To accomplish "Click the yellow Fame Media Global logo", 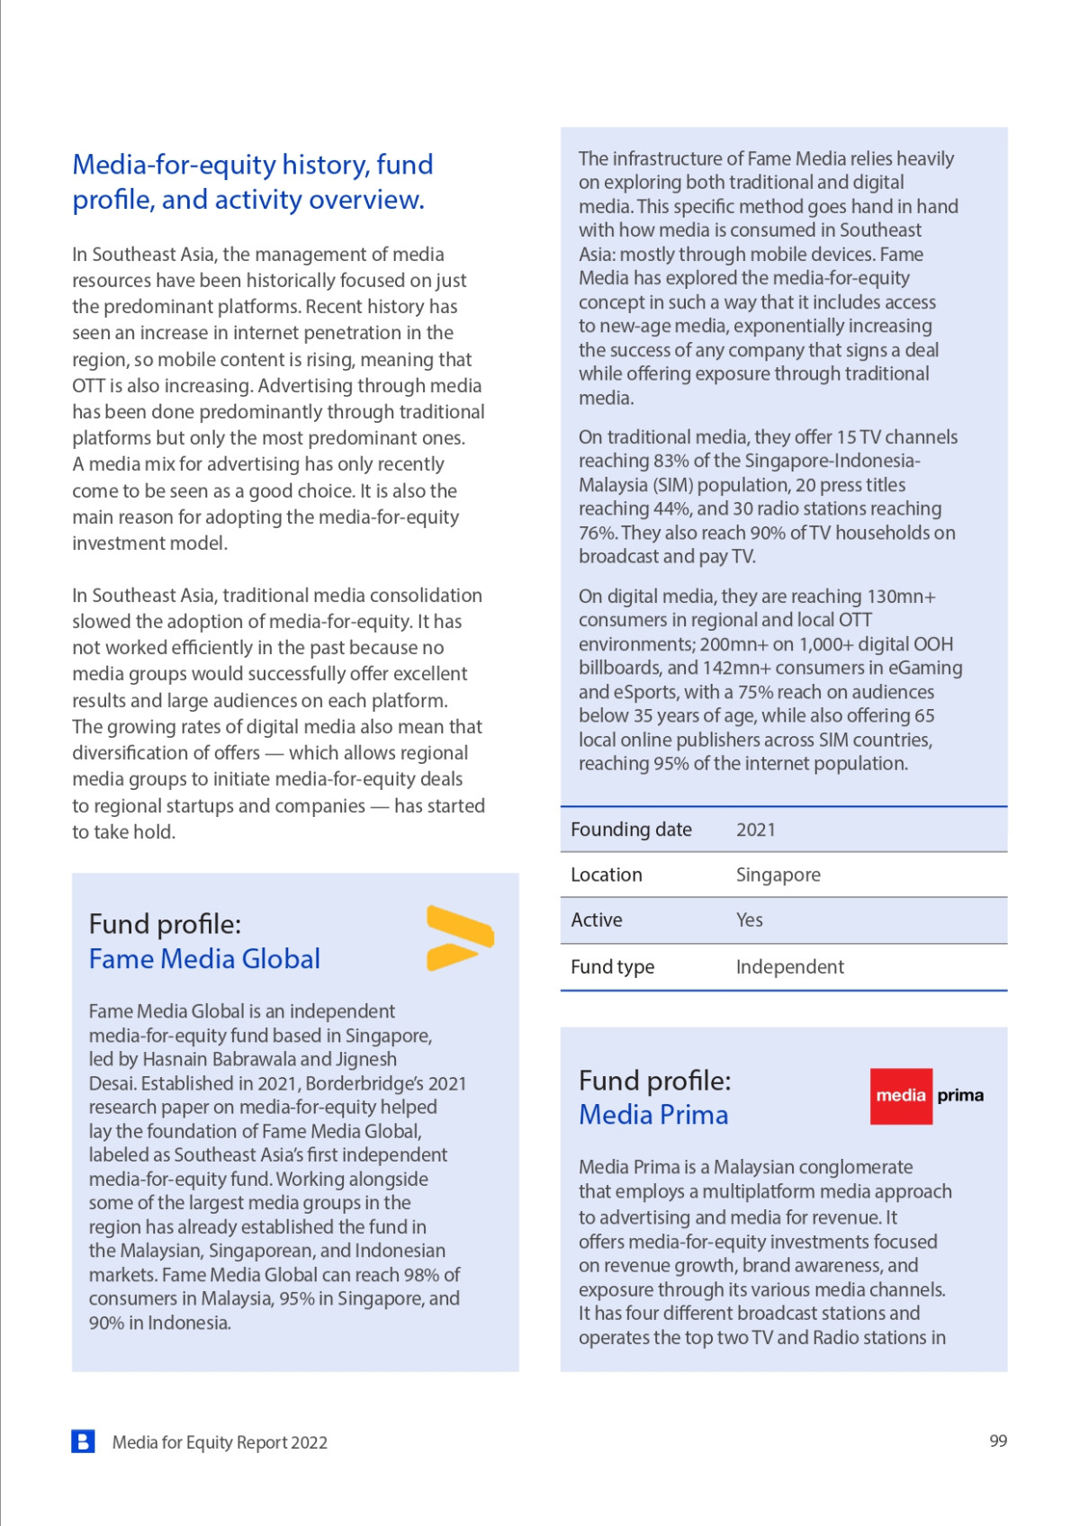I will click(460, 938).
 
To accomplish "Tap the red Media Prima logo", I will click(926, 1096).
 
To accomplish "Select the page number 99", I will click(998, 1441).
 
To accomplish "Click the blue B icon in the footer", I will click(83, 1441).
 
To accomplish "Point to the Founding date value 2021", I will click(755, 830).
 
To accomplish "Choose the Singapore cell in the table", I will click(778, 875).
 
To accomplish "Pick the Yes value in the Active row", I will click(749, 920).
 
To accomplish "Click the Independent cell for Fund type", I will click(789, 966).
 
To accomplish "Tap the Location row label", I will click(606, 875).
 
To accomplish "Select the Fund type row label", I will click(612, 966).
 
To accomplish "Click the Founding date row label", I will click(631, 830).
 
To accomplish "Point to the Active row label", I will click(596, 920).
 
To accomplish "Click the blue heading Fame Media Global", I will click(204, 959).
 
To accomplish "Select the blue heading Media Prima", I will click(653, 1115).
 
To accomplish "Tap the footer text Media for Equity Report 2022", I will click(220, 1442).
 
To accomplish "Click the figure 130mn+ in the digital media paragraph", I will click(901, 597).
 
